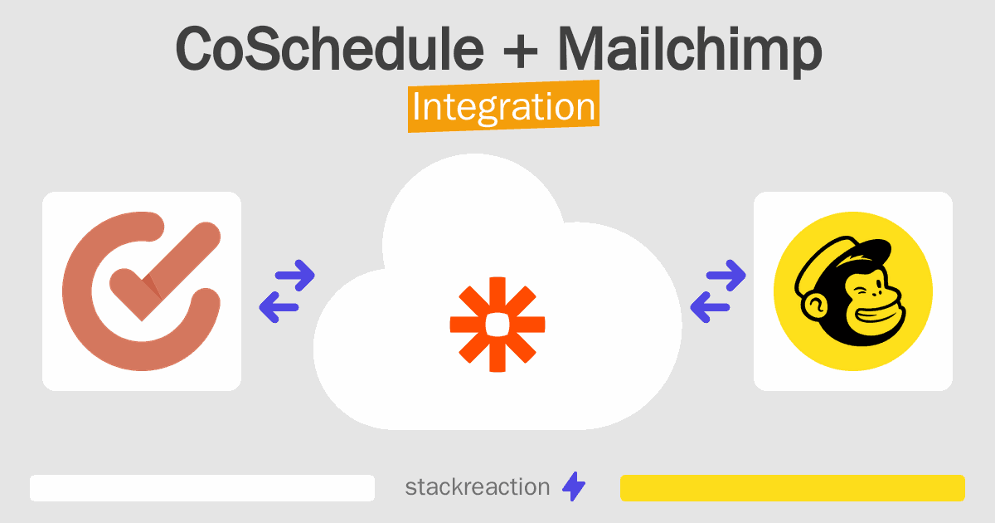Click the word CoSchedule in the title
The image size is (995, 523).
pos(330,48)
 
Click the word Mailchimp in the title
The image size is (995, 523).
pos(690,51)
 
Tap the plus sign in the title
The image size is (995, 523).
pos(521,51)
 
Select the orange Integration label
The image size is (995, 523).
pos(504,106)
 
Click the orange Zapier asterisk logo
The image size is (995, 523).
pos(498,325)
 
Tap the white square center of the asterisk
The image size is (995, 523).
pos(498,325)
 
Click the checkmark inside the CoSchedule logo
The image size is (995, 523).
pos(165,271)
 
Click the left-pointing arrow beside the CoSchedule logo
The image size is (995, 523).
pos(279,307)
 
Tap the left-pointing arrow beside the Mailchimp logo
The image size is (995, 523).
pos(710,307)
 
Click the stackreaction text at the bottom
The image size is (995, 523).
pos(478,487)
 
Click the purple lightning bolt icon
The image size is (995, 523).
pos(574,486)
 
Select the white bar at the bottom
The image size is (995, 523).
pos(202,488)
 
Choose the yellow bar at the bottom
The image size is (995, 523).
pos(793,488)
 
